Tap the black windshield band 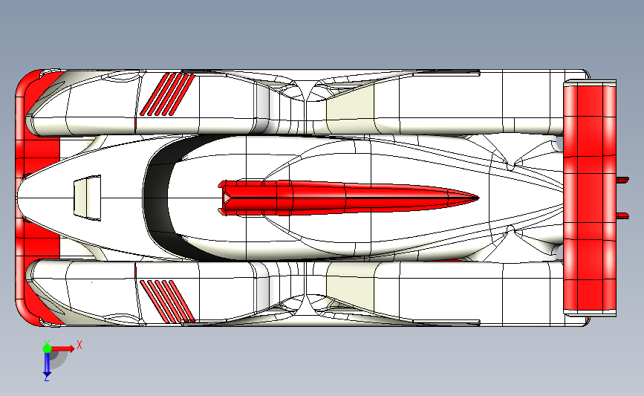pyautogui.click(x=158, y=197)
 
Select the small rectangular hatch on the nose pyautogui.click(x=87, y=198)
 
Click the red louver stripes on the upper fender pyautogui.click(x=167, y=94)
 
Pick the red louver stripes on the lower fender pyautogui.click(x=167, y=301)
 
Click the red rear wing pyautogui.click(x=590, y=198)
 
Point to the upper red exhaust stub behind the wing pyautogui.click(x=622, y=180)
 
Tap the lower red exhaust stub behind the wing pyautogui.click(x=622, y=215)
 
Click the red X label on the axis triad pyautogui.click(x=79, y=345)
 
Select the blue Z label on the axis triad pyautogui.click(x=46, y=378)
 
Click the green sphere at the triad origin pyautogui.click(x=47, y=348)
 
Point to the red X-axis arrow pyautogui.click(x=62, y=348)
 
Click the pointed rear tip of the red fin pyautogui.click(x=479, y=198)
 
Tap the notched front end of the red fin pyautogui.click(x=223, y=198)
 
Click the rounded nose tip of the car pyautogui.click(x=18, y=198)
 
